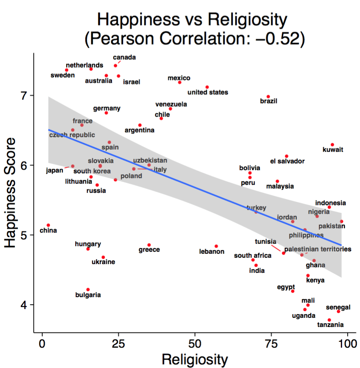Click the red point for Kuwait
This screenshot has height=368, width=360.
tap(333, 145)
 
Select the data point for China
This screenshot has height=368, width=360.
tap(48, 225)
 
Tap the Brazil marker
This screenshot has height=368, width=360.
tap(268, 97)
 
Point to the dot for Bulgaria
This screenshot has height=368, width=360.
tap(88, 290)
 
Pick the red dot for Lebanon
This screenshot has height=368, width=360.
tap(216, 246)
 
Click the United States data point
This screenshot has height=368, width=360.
tap(207, 87)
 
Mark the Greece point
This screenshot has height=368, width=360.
tap(149, 245)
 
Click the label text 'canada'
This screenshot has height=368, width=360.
tap(124, 57)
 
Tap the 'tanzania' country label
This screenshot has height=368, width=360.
tap(330, 325)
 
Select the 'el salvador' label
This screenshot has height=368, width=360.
tap(287, 162)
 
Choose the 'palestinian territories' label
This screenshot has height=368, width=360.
tap(318, 249)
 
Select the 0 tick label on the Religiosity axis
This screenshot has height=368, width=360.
tap(42, 343)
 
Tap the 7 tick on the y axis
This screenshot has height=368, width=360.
tap(26, 95)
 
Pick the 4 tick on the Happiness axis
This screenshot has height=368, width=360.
tap(26, 305)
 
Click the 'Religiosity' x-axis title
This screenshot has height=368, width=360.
tap(195, 360)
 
